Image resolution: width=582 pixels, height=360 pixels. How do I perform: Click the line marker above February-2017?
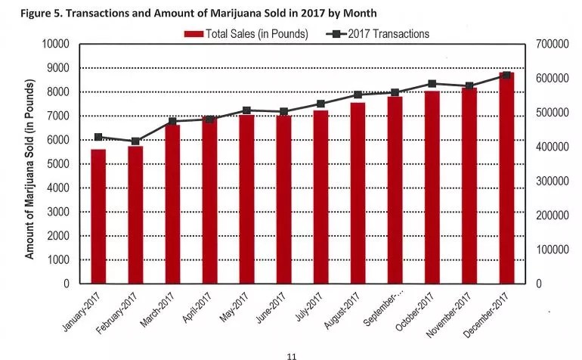tap(135, 141)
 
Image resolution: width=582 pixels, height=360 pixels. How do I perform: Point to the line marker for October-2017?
tap(432, 84)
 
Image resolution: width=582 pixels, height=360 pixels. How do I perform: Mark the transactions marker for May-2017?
tap(246, 110)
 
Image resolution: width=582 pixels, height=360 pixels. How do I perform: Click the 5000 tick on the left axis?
tap(58, 164)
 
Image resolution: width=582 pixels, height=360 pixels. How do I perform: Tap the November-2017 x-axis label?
tap(451, 314)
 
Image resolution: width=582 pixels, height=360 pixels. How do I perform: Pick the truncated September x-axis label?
tap(385, 309)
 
